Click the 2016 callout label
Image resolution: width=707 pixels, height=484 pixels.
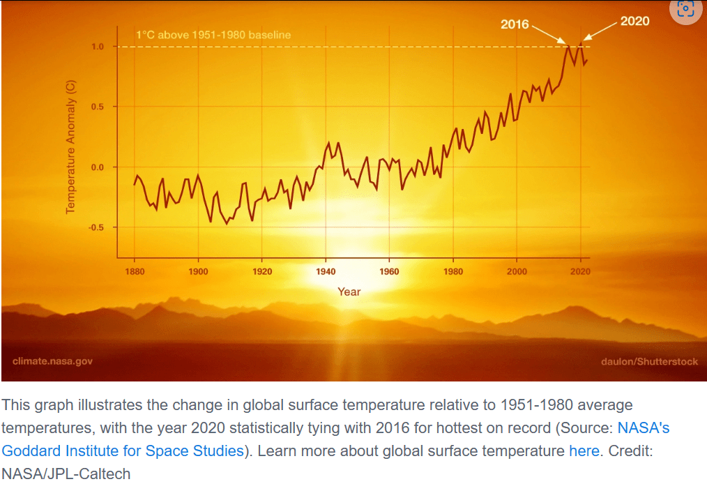coord(515,25)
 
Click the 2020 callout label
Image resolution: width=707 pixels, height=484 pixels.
coord(634,21)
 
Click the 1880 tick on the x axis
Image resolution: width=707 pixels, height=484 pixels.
coord(135,271)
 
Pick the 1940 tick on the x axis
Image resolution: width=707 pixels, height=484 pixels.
coord(326,271)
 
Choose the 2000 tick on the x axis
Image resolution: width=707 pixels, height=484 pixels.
coord(517,271)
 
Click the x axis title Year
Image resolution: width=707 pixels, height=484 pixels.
coord(349,292)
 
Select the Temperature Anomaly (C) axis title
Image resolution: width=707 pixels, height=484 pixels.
coord(70,147)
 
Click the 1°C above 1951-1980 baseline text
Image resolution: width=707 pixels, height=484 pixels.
coord(213,35)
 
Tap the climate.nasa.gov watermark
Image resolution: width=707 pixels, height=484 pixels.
coord(52,361)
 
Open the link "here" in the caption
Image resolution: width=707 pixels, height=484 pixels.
coord(584,451)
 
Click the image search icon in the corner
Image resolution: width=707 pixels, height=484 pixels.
coord(685,9)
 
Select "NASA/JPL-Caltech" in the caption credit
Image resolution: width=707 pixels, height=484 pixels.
coord(66,474)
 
